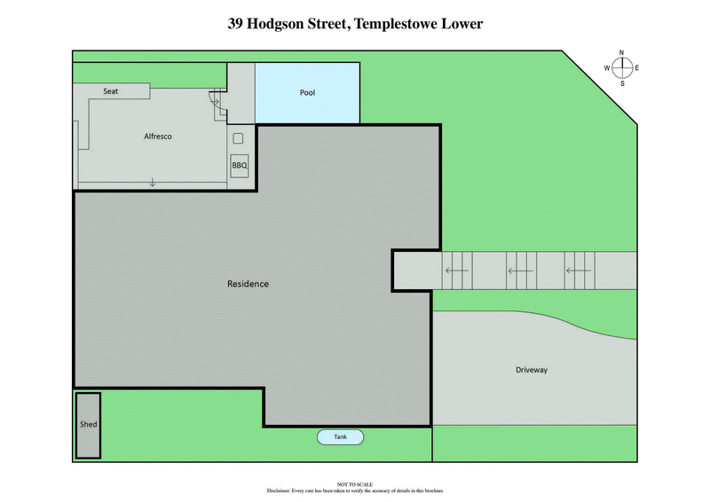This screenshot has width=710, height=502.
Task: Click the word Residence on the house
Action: point(248,284)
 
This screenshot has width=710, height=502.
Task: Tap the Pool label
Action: point(307,92)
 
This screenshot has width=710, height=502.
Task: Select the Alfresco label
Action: point(157,137)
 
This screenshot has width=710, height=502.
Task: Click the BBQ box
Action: point(239,166)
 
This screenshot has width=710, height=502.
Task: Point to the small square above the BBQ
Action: point(238,138)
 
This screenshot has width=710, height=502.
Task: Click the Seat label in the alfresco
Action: point(111,91)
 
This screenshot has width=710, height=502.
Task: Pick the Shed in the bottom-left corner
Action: point(88,425)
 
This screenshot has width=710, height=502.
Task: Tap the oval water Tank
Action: point(341,437)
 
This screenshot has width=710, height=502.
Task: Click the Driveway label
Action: point(532,370)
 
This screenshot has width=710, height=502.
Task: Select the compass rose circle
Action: point(622,67)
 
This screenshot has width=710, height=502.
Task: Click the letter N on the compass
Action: point(622,52)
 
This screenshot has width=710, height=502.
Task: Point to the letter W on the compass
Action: point(607,67)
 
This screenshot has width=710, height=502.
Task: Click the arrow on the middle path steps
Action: point(519,271)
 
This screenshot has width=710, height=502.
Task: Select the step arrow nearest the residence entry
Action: point(457,271)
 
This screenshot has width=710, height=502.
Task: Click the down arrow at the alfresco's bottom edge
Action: point(153,182)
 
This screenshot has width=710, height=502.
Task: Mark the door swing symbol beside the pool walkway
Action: point(216,101)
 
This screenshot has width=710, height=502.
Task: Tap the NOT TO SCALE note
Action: point(354,484)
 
